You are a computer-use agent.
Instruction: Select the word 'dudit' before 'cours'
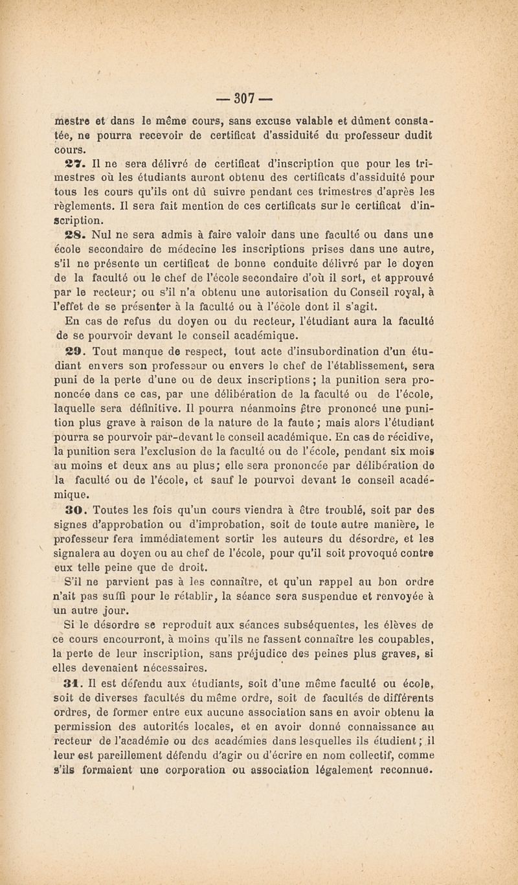pyautogui.click(x=437, y=136)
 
